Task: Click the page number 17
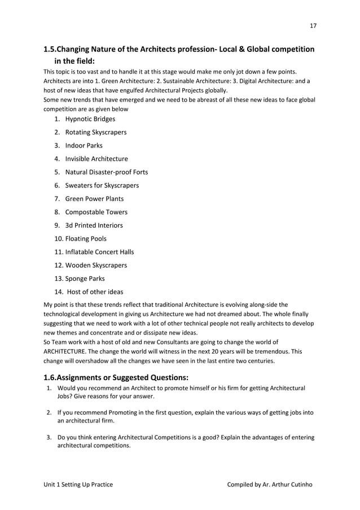point(313,25)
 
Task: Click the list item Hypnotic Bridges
point(90,119)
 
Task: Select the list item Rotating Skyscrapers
point(95,132)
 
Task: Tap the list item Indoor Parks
point(84,146)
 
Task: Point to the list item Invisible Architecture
point(96,159)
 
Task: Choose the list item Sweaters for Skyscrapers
point(102,185)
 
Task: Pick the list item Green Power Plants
point(94,199)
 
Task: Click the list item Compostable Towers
point(96,212)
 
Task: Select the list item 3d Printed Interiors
point(94,225)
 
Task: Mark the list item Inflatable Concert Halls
point(99,252)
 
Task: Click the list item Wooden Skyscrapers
point(96,265)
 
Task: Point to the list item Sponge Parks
point(85,278)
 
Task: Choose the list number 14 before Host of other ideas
point(58,292)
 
